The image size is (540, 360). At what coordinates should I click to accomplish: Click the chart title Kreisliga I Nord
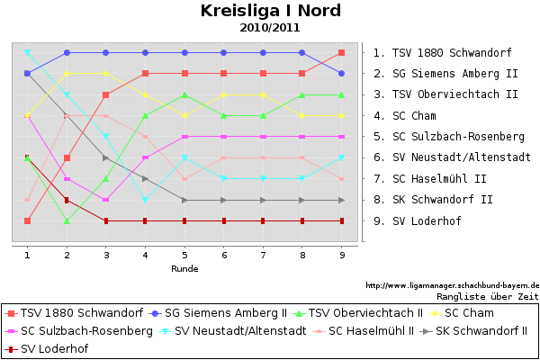coord(271,11)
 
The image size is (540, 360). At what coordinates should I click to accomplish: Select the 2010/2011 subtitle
coord(270,28)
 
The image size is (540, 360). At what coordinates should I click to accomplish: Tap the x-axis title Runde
coord(184,269)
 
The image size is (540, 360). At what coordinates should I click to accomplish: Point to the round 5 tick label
coord(184,256)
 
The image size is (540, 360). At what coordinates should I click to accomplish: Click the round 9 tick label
coord(342,256)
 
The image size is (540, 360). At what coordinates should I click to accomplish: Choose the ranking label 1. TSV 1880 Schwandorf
coord(443,53)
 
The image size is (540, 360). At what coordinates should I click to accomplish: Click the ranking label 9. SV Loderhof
coord(418,220)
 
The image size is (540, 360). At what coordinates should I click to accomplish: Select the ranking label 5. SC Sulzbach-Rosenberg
coord(449,137)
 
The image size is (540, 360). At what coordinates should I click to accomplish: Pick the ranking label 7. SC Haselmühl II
coord(430,179)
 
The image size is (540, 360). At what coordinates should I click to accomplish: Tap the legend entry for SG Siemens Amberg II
coord(218,313)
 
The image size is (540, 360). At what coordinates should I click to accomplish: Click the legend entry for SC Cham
coord(461,313)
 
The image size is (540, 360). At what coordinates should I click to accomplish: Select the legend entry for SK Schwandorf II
coord(474,330)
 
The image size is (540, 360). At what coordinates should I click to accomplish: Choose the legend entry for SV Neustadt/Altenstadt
coord(232,330)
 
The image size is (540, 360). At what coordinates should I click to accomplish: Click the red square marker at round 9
coord(342,53)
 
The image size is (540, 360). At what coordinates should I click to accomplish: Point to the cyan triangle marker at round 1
coord(28,52)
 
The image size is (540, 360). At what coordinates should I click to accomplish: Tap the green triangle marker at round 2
coord(67,220)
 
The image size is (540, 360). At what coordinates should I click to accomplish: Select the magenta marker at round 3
coord(106,200)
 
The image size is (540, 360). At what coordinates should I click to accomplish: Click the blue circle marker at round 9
coord(342,74)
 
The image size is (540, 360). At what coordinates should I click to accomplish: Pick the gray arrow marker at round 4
coord(145,179)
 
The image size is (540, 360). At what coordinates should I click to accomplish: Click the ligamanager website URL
coord(453,285)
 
